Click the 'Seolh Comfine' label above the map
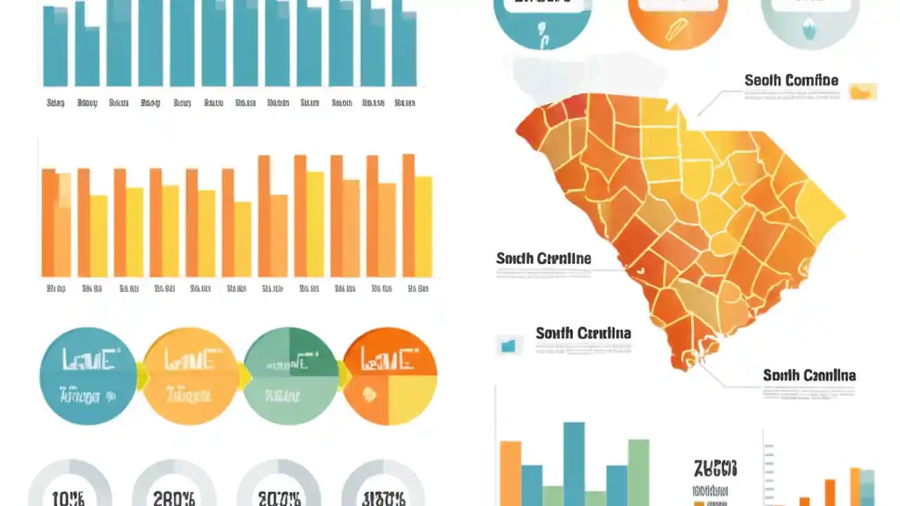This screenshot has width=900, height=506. coord(791,80)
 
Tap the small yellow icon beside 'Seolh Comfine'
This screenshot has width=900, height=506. coord(863,91)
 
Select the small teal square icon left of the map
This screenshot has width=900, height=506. coord(508,344)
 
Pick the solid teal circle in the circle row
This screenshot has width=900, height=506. coord(88,376)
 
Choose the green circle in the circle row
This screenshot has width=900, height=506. coord(290,376)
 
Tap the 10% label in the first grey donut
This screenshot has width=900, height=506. coord(69,498)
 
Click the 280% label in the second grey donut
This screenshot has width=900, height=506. coord(174,498)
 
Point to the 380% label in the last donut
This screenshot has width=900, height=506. coord(383,498)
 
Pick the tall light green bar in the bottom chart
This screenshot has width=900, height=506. coord(638,471)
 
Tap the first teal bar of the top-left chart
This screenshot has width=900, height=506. coord(56,46)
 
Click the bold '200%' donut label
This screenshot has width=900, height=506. coord(279,498)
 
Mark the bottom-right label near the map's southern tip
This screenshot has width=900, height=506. coord(809,375)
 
